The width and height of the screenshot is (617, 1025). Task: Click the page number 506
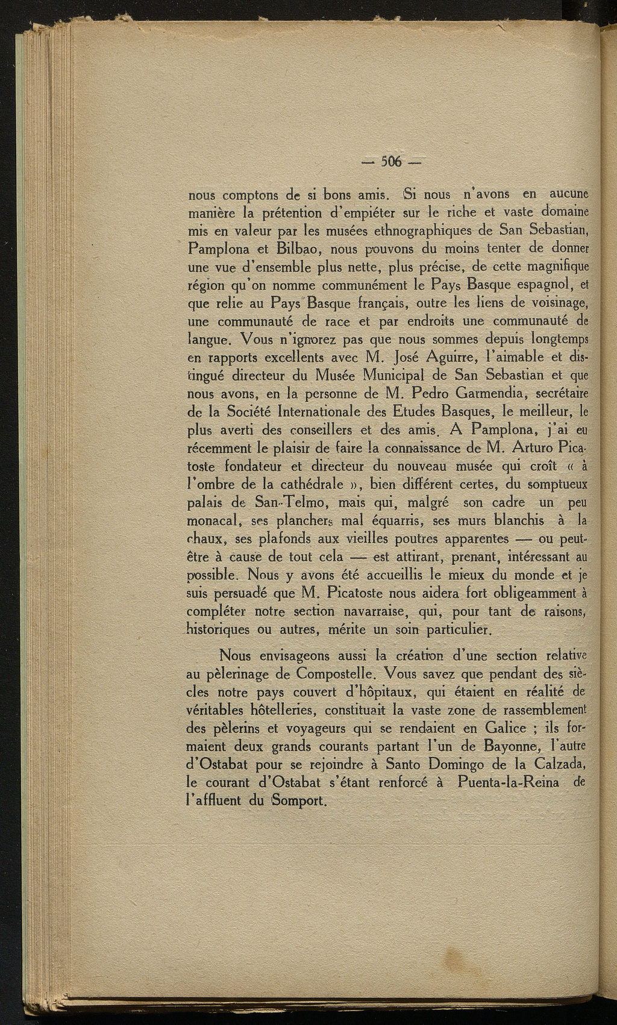392,161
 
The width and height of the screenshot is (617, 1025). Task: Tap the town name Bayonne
511,746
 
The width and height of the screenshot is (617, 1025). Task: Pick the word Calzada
557,764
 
